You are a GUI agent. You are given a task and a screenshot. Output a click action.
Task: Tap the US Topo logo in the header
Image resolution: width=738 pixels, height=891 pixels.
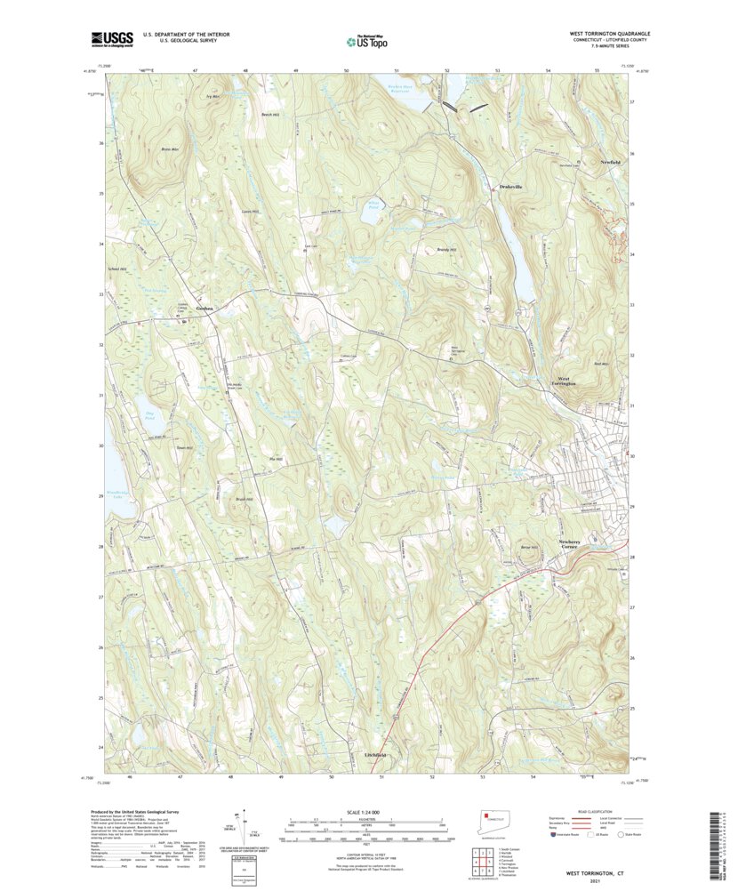pos(368,39)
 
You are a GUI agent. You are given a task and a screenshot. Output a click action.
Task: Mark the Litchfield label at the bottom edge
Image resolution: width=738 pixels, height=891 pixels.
pos(375,755)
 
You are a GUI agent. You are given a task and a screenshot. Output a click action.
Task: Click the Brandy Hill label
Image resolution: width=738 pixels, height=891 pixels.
pos(446,250)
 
